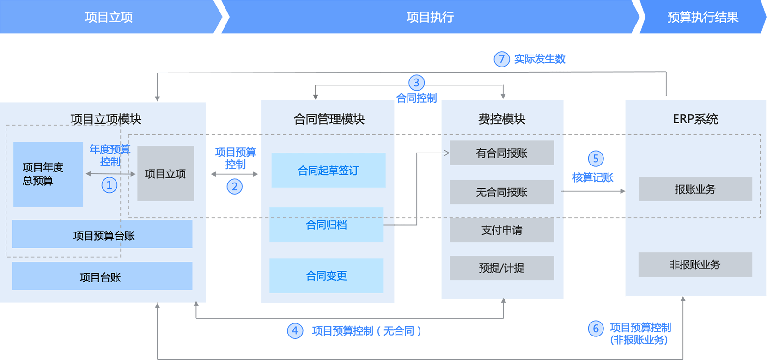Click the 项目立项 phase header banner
pyautogui.click(x=109, y=17)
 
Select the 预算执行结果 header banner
pyautogui.click(x=702, y=17)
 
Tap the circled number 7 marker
pyautogui.click(x=501, y=59)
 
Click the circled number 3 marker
pyautogui.click(x=416, y=83)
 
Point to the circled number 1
pyautogui.click(x=109, y=185)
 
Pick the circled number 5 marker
pyautogui.click(x=596, y=159)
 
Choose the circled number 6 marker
pyautogui.click(x=596, y=329)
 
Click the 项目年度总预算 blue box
pyautogui.click(x=48, y=174)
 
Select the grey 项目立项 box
pyautogui.click(x=165, y=174)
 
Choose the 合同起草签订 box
pyautogui.click(x=328, y=170)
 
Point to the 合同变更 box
pyautogui.click(x=326, y=275)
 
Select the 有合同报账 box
pyautogui.click(x=502, y=153)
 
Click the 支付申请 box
pyautogui.click(x=502, y=230)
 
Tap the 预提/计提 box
pyautogui.click(x=502, y=268)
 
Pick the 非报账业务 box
pyautogui.click(x=695, y=264)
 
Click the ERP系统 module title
pyautogui.click(x=695, y=119)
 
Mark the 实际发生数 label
pyautogui.click(x=540, y=59)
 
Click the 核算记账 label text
pyautogui.click(x=593, y=177)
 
